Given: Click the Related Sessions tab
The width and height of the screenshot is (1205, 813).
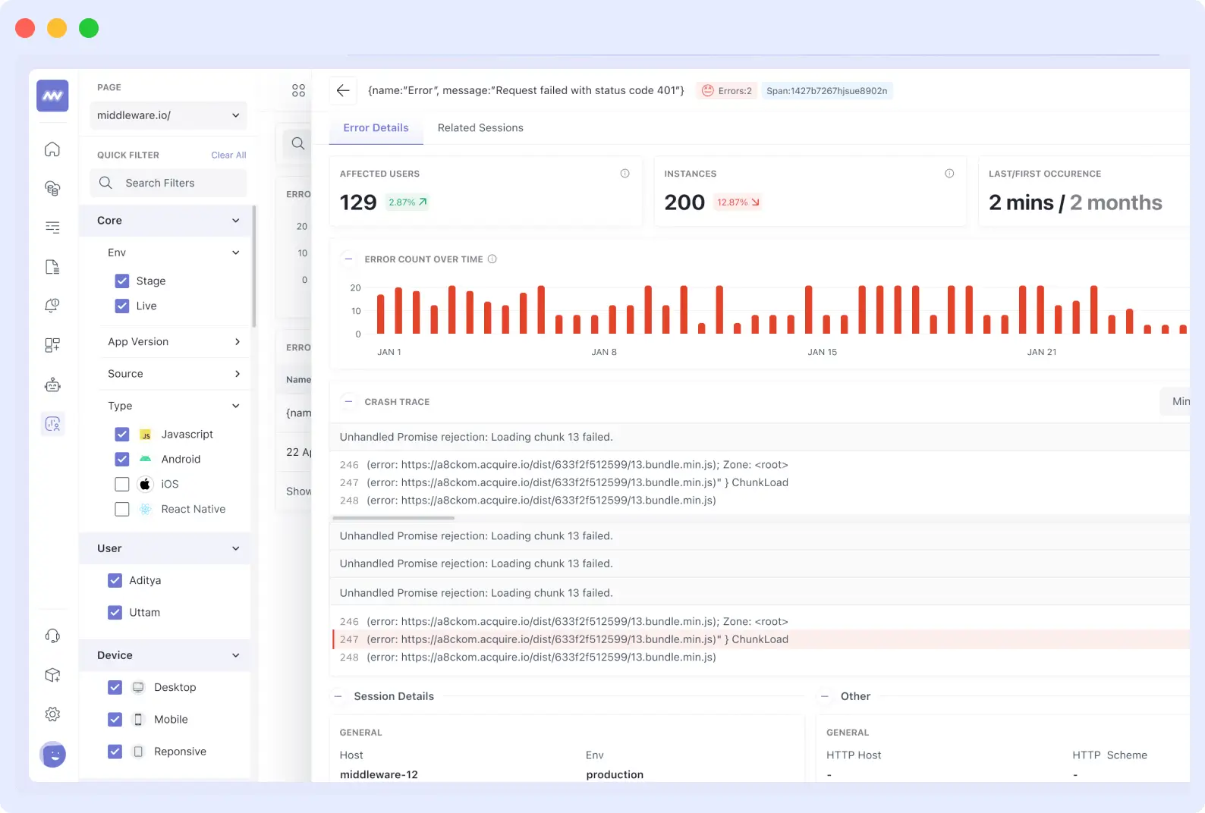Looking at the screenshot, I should point(480,127).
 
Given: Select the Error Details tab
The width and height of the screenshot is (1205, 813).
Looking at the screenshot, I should point(376,127).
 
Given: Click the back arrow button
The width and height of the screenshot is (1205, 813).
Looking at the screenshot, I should point(343,90).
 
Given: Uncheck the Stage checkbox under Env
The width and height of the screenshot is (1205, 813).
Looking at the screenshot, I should point(122,281).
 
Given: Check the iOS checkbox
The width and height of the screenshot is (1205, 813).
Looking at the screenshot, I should point(122,484).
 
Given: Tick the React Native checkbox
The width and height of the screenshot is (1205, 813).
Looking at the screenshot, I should point(122,509).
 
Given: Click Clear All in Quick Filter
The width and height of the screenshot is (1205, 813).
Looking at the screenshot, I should point(228,155).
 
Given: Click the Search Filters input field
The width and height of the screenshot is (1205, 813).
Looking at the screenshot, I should point(168,183).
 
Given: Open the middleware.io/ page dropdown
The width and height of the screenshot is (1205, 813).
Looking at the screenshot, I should point(168,115).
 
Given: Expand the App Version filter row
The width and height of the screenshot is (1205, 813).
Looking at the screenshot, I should point(174,341).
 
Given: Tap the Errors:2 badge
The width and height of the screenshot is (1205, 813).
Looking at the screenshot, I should point(727,90).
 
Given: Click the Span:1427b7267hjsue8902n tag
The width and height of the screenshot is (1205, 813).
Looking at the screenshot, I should point(826,90).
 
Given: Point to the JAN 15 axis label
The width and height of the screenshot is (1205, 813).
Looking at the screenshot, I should point(822,352).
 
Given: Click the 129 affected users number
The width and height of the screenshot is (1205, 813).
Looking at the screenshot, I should point(358,202).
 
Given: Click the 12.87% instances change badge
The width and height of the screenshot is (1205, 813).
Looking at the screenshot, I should point(738,202).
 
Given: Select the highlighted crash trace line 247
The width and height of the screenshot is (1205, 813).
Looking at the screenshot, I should point(577,639).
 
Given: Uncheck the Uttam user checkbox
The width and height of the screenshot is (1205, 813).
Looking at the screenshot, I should point(115,612).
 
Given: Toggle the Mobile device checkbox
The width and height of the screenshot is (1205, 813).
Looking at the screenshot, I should point(115,719).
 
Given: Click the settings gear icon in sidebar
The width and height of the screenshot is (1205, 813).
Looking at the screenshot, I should point(52,714).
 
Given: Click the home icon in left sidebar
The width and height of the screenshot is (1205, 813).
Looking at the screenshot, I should point(52,149).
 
